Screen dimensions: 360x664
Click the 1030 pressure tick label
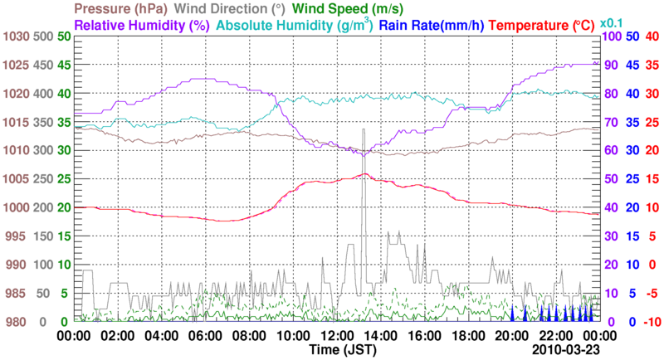(x=15, y=36)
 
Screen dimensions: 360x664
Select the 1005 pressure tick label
(x=15, y=179)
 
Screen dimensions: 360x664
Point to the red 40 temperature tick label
(x=652, y=36)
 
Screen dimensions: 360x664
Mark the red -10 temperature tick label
(x=651, y=322)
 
